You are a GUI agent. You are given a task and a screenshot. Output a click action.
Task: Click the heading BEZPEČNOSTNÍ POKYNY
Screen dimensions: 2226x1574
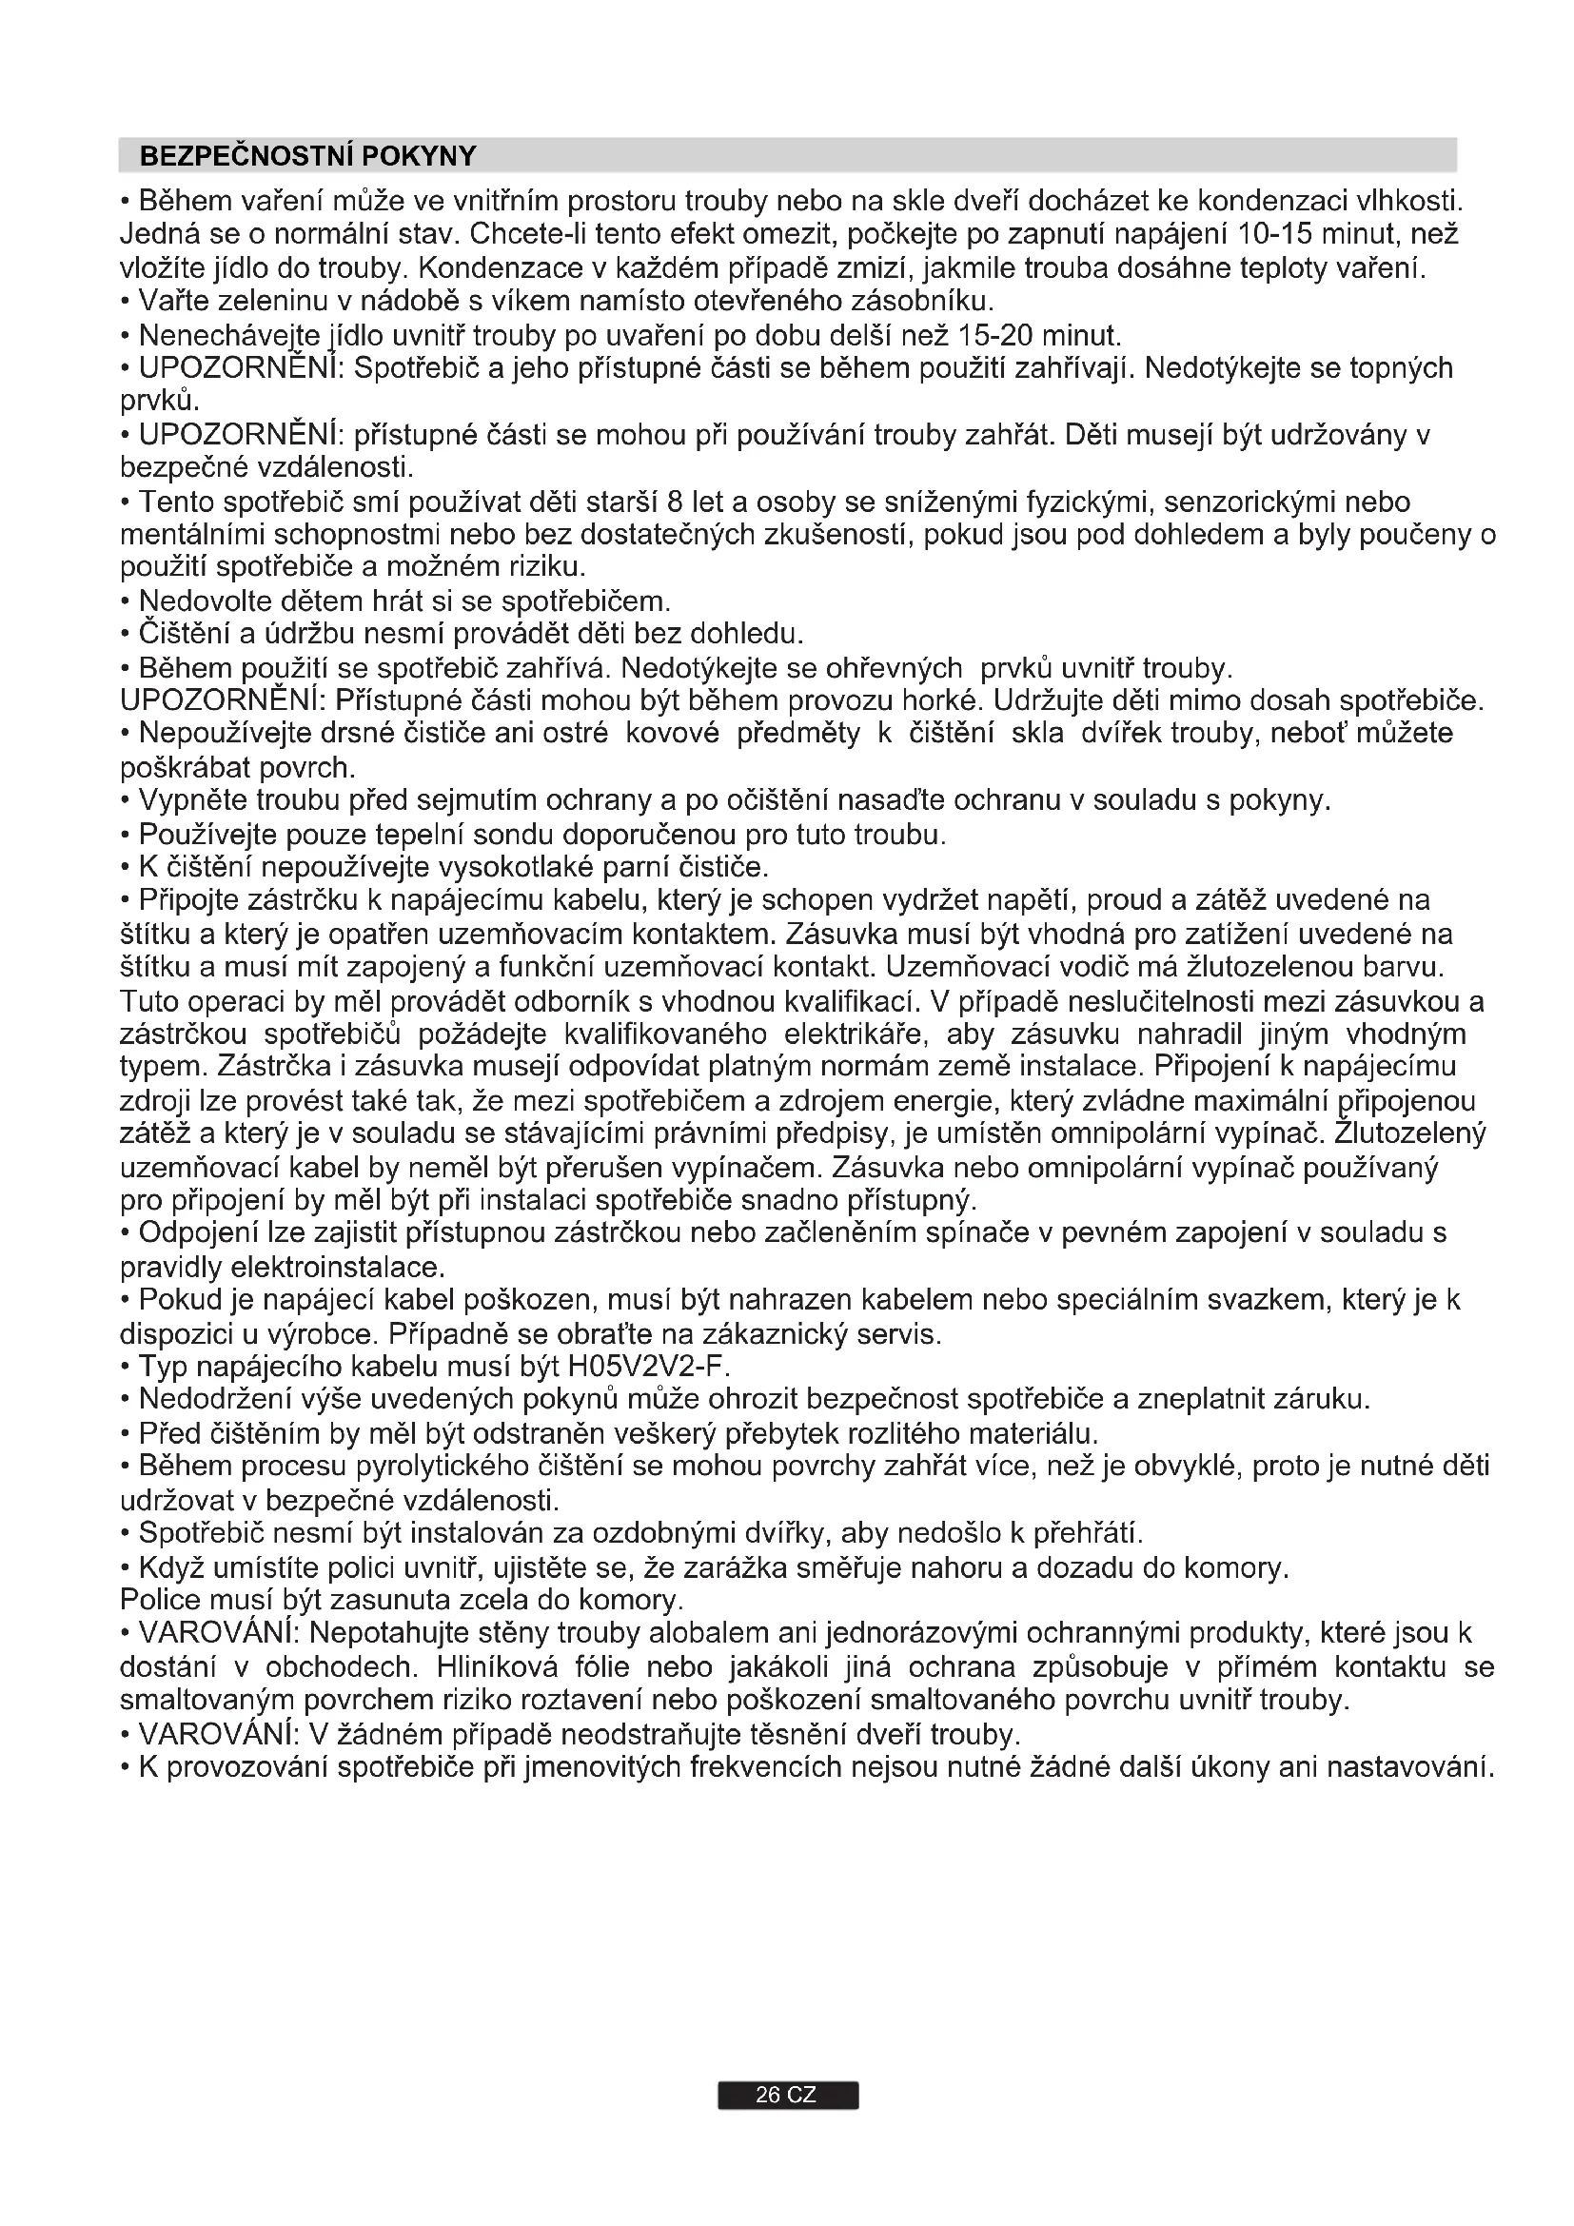308,156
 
